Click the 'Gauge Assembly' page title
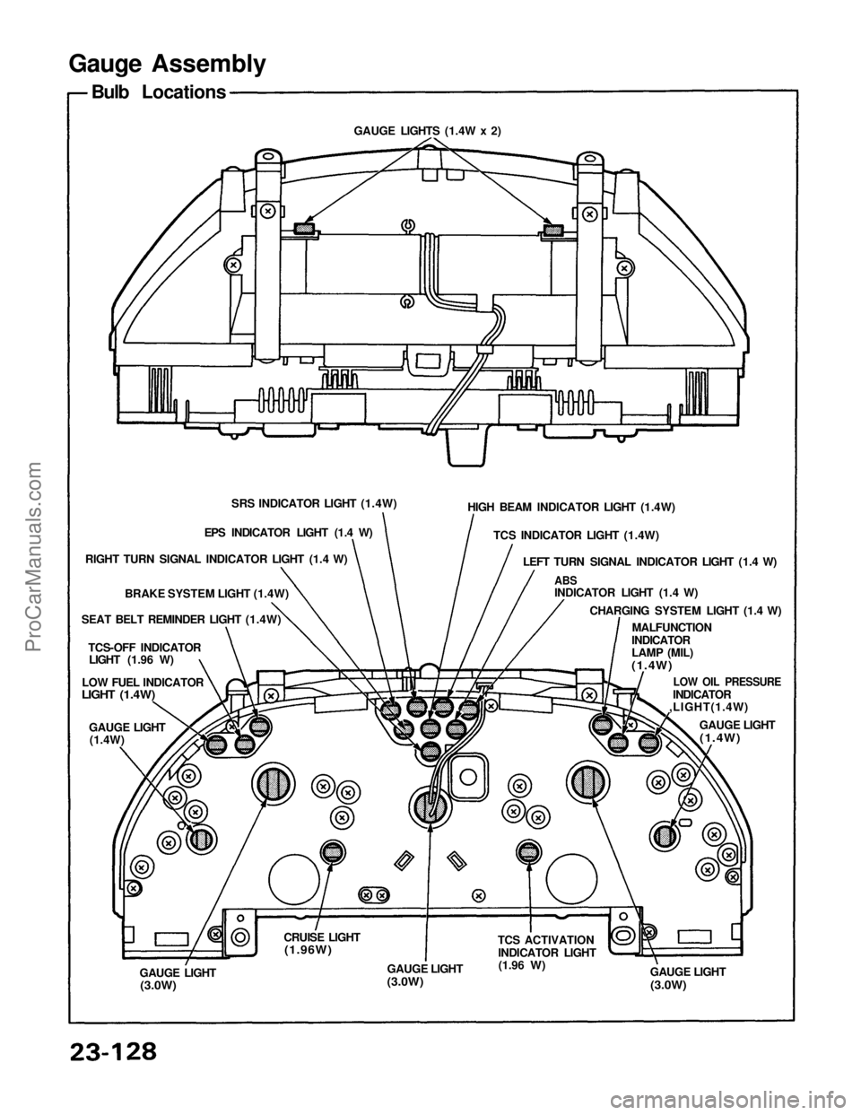tap(167, 63)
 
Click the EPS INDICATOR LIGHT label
tap(289, 533)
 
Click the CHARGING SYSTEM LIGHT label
tap(685, 611)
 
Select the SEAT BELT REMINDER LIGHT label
tap(181, 620)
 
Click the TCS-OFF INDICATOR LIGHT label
tap(143, 653)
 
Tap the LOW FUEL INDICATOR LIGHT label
tap(142, 689)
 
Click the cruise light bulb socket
tap(331, 852)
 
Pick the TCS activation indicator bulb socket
tap(528, 852)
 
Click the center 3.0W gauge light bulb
tap(430, 806)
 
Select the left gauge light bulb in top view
tap(306, 231)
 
